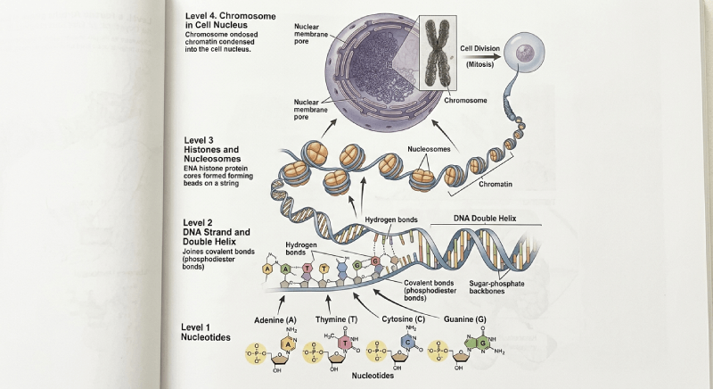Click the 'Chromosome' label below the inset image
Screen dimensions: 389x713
tap(465, 101)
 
